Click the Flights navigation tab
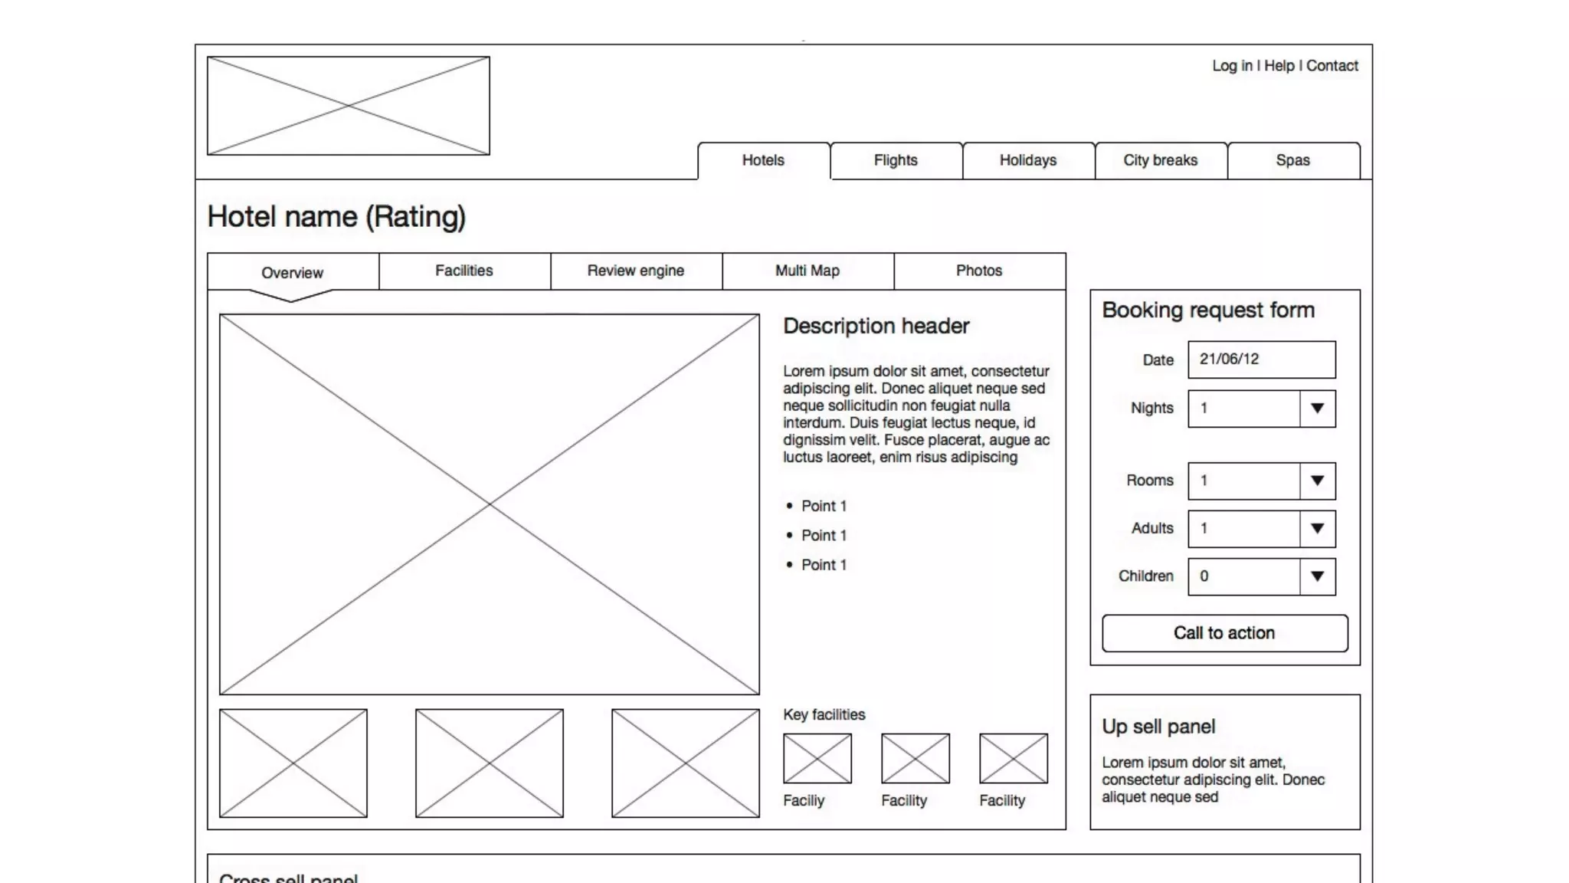[x=896, y=160]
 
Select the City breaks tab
[x=1160, y=160]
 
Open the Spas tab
[x=1292, y=160]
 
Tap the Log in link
[x=1232, y=66]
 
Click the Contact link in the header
[x=1332, y=66]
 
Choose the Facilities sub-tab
[x=464, y=271]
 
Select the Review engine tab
[x=636, y=271]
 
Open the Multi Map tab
[x=807, y=271]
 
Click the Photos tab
[x=979, y=271]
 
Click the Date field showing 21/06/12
[x=1261, y=359]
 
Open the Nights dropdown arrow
[x=1317, y=409]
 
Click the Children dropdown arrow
[x=1317, y=576]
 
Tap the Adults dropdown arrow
[x=1317, y=529]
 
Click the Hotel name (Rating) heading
[x=336, y=217]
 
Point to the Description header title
[x=876, y=327]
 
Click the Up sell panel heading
[x=1158, y=727]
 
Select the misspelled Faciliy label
[x=804, y=800]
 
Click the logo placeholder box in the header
[x=349, y=106]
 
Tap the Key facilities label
[x=824, y=714]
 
